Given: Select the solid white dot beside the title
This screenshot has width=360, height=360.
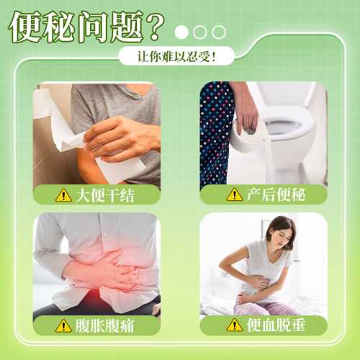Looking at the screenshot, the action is [181, 32].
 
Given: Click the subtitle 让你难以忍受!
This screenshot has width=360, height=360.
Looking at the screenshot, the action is [176, 57].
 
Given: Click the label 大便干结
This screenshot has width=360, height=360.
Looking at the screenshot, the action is [105, 195].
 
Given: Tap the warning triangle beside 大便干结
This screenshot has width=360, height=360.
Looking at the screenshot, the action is [63, 195].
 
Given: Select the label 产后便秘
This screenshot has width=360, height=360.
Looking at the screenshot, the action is [276, 194].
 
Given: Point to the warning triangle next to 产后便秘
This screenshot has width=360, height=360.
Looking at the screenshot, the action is [235, 194].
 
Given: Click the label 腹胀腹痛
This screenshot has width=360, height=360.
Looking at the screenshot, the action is [104, 326].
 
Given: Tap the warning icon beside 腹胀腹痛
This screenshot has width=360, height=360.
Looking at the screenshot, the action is [63, 325].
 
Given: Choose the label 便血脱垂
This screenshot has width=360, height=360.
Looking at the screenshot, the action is [276, 325].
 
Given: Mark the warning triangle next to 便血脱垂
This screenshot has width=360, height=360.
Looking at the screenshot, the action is [235, 325].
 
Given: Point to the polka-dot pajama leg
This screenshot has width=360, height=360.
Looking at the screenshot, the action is [215, 135].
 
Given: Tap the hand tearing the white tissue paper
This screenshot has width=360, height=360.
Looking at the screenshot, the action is [120, 139].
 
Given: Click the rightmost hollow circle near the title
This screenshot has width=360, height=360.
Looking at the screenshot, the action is [219, 32].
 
